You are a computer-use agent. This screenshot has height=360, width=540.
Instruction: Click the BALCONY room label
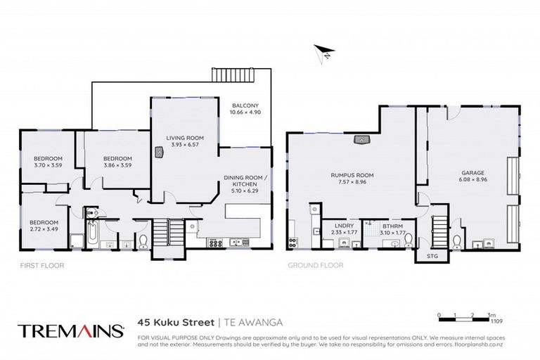point(246,106)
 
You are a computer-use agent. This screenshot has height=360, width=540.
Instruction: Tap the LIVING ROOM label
point(185,138)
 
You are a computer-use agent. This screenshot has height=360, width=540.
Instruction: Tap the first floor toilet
point(143,243)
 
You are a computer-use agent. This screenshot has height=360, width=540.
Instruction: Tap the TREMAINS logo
point(70,330)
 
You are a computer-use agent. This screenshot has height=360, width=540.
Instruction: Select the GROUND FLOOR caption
point(316,266)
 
